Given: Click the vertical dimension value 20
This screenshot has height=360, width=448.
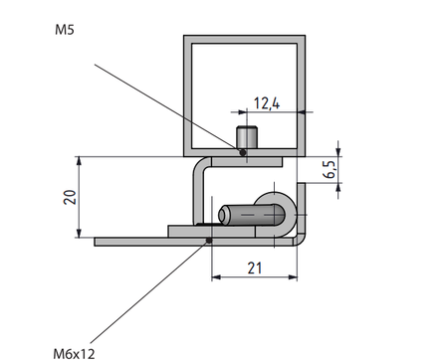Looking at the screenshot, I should [69, 197].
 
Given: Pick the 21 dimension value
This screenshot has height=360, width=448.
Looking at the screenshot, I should [254, 267].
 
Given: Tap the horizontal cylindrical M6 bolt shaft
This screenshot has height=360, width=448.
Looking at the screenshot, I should [244, 214].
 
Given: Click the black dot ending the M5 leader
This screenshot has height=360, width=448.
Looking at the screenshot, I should [242, 152].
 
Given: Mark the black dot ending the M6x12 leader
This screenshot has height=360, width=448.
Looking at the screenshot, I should [207, 240].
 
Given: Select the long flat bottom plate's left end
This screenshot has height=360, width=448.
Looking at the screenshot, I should [100, 241].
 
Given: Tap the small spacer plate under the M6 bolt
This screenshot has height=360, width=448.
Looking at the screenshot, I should [189, 231].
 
